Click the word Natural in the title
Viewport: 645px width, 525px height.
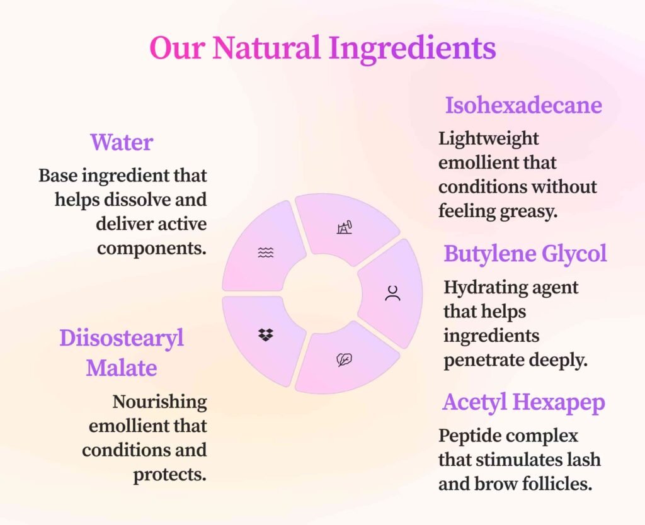(x=266, y=47)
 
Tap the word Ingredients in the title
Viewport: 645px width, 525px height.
(x=412, y=49)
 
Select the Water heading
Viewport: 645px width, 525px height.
(x=122, y=142)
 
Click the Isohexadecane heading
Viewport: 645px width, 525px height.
(x=523, y=105)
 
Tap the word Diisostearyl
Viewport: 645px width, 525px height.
(x=122, y=339)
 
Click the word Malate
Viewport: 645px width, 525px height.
(x=122, y=368)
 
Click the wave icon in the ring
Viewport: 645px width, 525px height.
(x=266, y=252)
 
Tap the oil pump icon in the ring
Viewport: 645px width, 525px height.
(x=345, y=227)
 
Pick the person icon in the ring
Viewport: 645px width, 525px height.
(x=393, y=293)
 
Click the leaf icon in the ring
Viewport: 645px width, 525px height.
(x=345, y=359)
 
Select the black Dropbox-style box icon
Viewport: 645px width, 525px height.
(x=266, y=335)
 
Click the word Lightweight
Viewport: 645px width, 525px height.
(x=488, y=139)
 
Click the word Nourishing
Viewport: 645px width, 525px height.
(x=159, y=402)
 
